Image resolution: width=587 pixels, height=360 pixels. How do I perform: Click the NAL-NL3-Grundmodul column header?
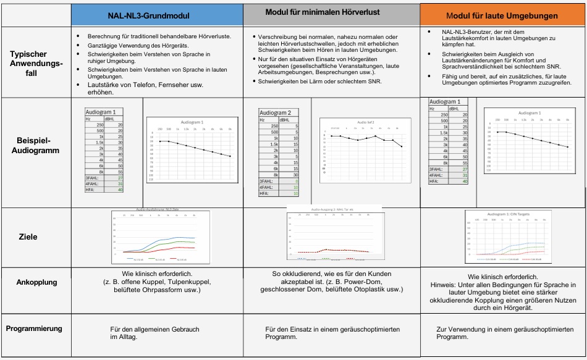pos(156,14)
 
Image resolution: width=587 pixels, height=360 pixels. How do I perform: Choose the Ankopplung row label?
pos(36,282)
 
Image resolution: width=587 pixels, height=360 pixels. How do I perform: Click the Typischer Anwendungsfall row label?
pos(36,63)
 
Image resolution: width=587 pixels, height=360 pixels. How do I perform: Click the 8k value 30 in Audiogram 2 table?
pos(296,175)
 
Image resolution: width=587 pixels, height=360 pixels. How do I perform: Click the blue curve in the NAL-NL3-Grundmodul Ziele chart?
pos(176,239)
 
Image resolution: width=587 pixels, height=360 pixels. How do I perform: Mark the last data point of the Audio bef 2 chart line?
pos(402,146)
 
